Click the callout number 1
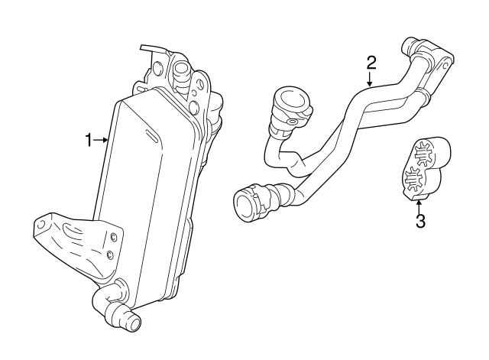tap(88, 139)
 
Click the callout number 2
tap(371, 61)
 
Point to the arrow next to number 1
tap(100, 139)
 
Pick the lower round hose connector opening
tap(246, 204)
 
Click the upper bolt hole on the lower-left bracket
tap(114, 235)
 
